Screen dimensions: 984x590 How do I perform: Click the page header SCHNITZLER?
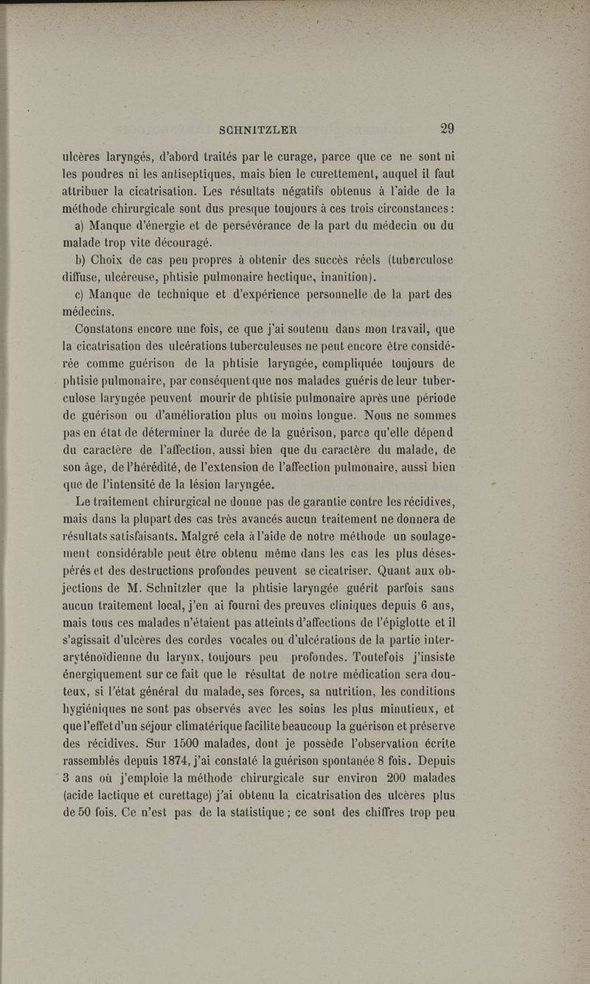point(258,130)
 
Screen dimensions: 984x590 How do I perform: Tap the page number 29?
point(447,128)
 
